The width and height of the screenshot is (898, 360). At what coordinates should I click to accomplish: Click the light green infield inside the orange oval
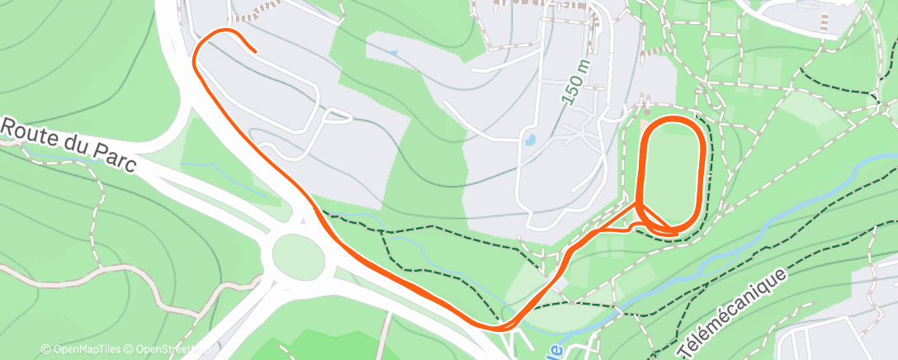(673, 173)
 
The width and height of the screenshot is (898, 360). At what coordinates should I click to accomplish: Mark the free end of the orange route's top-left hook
(255, 51)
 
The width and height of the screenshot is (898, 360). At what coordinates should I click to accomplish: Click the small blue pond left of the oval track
(532, 140)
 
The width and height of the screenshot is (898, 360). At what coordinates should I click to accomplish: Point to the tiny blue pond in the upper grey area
(393, 54)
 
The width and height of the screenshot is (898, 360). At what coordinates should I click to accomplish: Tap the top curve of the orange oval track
(673, 121)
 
